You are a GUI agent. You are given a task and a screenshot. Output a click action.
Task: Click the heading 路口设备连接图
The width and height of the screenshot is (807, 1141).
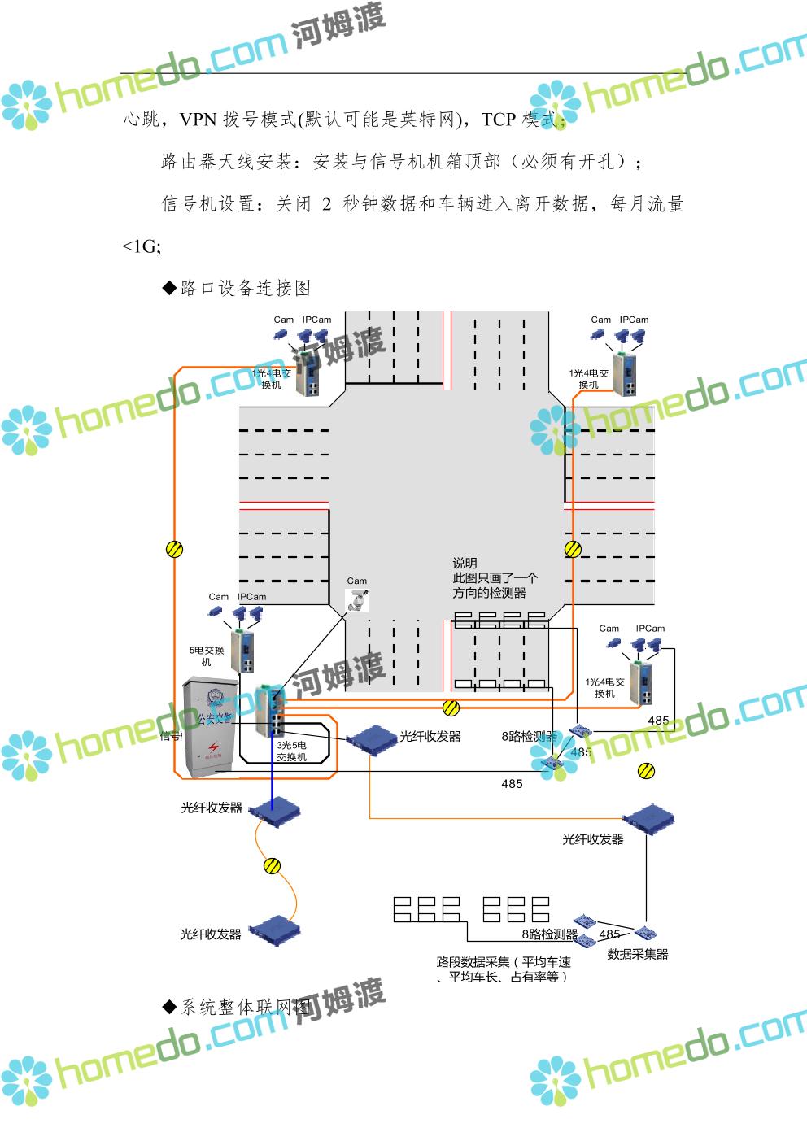click(x=245, y=288)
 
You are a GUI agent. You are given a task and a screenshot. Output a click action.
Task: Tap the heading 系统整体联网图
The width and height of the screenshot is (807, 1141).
click(x=245, y=1008)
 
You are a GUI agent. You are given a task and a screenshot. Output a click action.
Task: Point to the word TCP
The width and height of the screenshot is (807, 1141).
click(x=499, y=120)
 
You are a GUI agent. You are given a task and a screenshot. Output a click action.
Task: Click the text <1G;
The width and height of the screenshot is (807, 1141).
click(x=141, y=246)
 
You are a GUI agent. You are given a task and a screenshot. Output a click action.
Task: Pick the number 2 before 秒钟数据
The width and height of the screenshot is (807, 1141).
click(x=325, y=204)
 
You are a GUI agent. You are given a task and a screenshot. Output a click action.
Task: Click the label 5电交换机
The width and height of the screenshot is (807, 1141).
click(x=200, y=656)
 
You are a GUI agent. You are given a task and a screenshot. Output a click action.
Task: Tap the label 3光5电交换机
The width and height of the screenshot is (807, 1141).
click(x=291, y=751)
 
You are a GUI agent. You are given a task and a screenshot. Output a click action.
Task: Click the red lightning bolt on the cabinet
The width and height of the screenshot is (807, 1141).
click(x=212, y=747)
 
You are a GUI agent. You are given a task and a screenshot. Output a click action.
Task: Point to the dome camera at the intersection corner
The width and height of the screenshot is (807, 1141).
click(x=357, y=601)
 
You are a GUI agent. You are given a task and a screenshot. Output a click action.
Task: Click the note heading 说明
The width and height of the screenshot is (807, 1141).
click(x=465, y=563)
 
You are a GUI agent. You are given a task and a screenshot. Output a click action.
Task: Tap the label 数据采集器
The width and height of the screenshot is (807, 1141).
click(x=638, y=954)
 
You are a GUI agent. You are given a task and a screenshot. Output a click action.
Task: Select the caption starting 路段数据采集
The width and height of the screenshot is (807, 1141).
click(x=504, y=969)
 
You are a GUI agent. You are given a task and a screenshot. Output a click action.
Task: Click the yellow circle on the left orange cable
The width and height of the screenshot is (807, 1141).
click(x=174, y=549)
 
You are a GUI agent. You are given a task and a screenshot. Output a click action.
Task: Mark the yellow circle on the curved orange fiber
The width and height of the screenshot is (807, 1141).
click(x=273, y=866)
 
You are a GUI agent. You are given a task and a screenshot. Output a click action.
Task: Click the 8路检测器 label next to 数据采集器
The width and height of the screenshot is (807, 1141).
click(x=549, y=934)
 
